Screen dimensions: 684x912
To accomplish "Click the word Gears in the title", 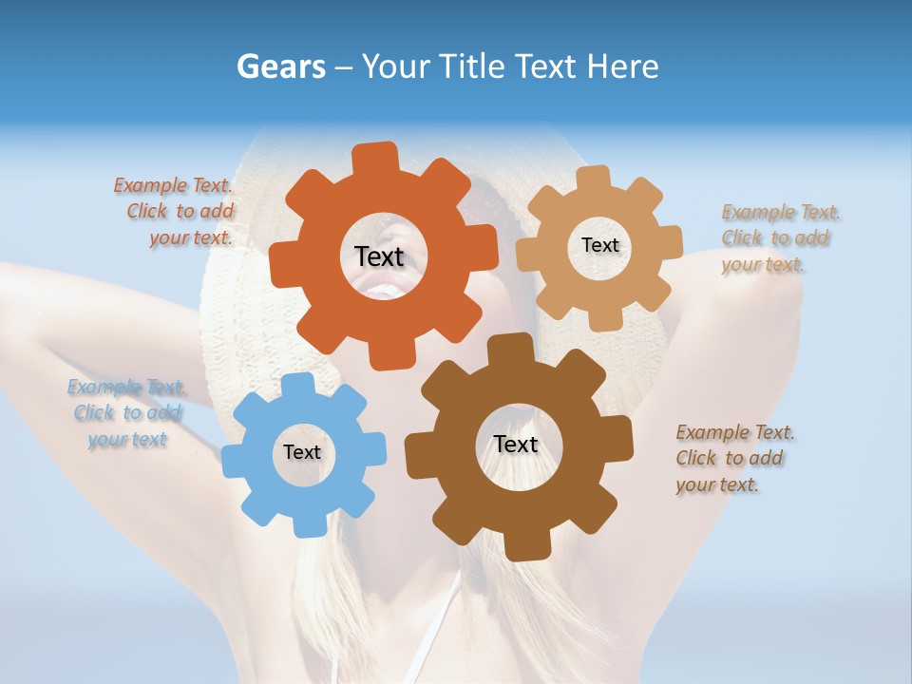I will tap(280, 66).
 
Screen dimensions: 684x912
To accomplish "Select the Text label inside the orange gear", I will tap(379, 256).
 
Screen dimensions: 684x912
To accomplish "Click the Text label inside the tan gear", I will tap(599, 245).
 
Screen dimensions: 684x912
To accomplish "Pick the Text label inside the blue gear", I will tap(302, 452).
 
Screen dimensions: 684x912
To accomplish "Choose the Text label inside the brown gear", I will tap(516, 444).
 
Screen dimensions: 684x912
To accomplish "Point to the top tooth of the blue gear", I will tap(298, 385).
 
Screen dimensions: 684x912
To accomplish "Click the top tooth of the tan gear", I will tap(593, 179).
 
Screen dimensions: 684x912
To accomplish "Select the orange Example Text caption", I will tap(175, 212).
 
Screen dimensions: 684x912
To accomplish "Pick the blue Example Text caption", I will tap(126, 413).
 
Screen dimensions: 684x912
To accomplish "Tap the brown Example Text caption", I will tap(733, 459).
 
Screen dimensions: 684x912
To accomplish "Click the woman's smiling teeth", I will tap(385, 289).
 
